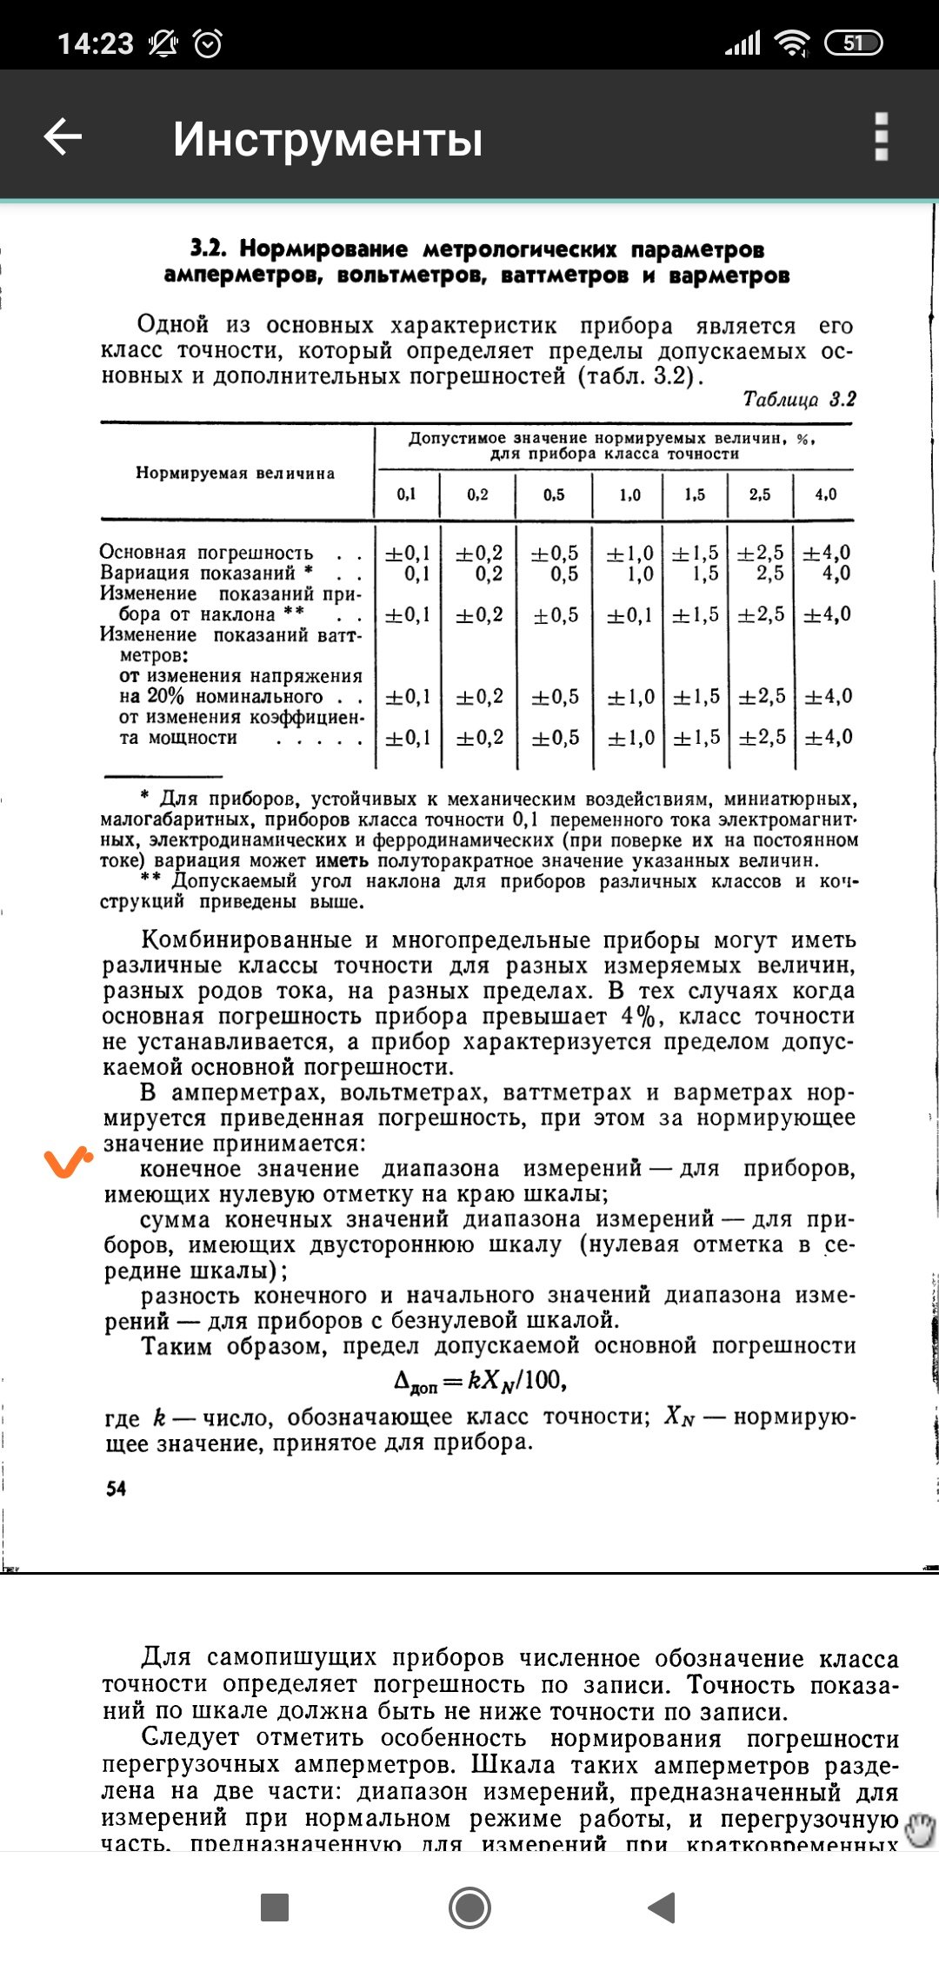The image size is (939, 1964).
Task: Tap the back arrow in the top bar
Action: (x=63, y=137)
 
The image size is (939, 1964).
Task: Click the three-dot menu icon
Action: (x=881, y=137)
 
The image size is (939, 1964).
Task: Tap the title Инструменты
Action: (x=327, y=139)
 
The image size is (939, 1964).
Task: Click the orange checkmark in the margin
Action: (x=69, y=1162)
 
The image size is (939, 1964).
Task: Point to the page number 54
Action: (x=116, y=1489)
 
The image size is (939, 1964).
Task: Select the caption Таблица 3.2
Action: (x=799, y=399)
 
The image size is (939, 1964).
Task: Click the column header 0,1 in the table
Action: (x=407, y=494)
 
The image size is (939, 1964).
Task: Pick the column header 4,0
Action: (x=825, y=494)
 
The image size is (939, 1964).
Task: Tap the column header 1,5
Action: (x=695, y=494)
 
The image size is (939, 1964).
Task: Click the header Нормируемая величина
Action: (x=235, y=474)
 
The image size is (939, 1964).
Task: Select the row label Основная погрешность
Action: (x=206, y=553)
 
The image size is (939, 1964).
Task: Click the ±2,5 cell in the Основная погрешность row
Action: (x=761, y=553)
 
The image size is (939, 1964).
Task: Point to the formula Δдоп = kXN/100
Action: (x=480, y=1382)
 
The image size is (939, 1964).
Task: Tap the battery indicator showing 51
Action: (x=853, y=43)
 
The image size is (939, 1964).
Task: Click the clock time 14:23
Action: (x=96, y=43)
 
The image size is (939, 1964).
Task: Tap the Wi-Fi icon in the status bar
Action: (x=792, y=43)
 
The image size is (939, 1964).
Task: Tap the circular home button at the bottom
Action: (x=469, y=1908)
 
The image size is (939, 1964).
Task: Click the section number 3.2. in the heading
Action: (x=209, y=249)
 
